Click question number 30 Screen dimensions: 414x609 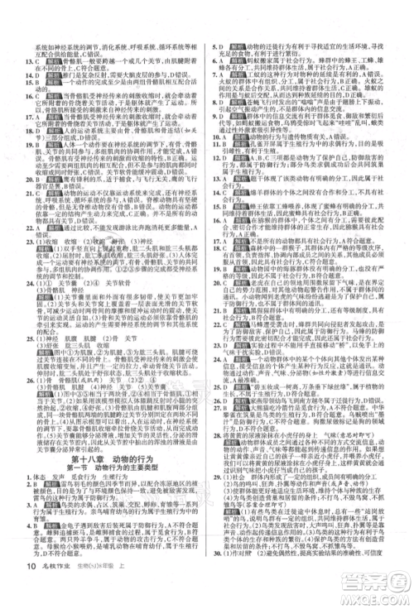(214, 576)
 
